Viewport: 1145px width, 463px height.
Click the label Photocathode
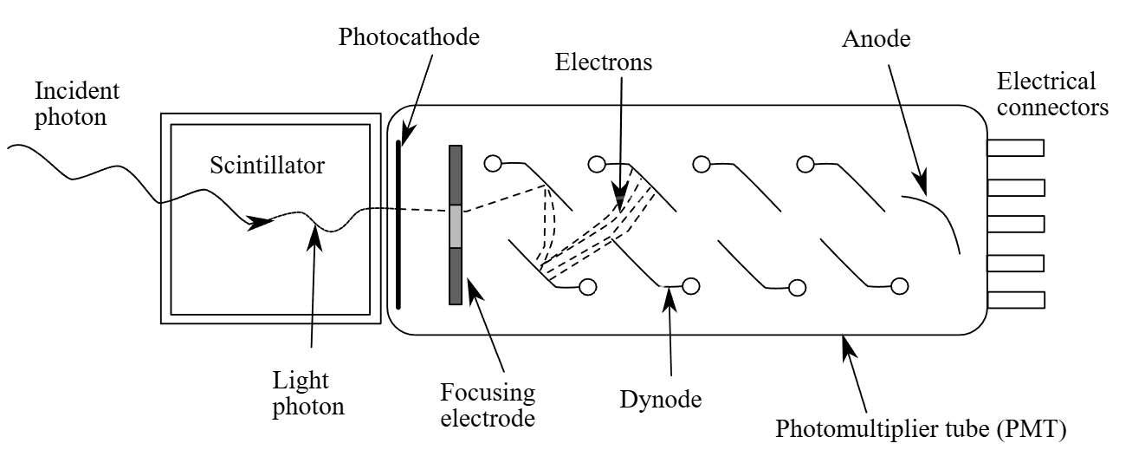tap(409, 36)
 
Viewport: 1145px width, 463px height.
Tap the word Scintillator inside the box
tap(268, 166)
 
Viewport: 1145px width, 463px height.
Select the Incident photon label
tap(77, 104)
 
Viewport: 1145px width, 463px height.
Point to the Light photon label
tap(308, 394)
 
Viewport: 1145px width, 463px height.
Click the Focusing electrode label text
tap(488, 406)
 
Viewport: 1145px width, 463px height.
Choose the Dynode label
tap(661, 399)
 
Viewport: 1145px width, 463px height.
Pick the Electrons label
tap(604, 62)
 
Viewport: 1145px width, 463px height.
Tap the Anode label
tap(877, 39)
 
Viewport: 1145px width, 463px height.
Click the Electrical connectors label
tap(1052, 95)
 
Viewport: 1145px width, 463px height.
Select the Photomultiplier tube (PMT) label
tap(921, 428)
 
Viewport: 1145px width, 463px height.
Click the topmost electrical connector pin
tap(1015, 148)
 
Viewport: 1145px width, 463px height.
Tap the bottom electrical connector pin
tap(1016, 300)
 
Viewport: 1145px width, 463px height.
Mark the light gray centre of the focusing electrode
tap(456, 226)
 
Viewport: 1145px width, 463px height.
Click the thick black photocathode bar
tap(398, 225)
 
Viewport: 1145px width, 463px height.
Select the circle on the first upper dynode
tap(493, 164)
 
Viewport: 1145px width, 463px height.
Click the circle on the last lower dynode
tap(900, 286)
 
